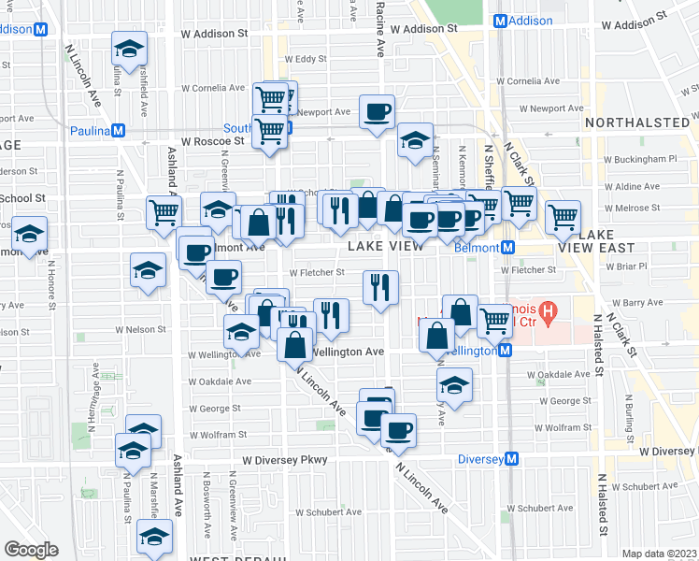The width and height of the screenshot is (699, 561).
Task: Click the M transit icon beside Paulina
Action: pyautogui.click(x=119, y=131)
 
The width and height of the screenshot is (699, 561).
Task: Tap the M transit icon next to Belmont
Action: pyautogui.click(x=508, y=248)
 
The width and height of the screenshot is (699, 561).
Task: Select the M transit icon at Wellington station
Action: pyautogui.click(x=505, y=350)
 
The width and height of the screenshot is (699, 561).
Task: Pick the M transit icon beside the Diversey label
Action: pyautogui.click(x=512, y=459)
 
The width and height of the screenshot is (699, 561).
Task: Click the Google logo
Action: pyautogui.click(x=31, y=549)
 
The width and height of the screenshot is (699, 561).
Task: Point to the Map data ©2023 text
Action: pyautogui.click(x=659, y=554)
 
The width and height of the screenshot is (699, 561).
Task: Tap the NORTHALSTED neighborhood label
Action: pyautogui.click(x=635, y=122)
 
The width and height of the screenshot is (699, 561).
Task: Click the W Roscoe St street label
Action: pyautogui.click(x=212, y=141)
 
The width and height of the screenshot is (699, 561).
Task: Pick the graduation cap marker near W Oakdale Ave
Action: pyautogui.click(x=454, y=383)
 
